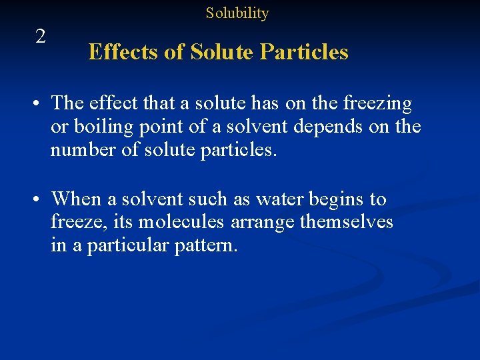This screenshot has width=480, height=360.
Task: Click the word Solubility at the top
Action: click(x=237, y=13)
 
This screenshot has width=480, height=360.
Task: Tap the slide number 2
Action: click(x=41, y=37)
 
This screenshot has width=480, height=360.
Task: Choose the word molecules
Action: click(x=181, y=221)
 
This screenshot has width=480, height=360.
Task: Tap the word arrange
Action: click(x=261, y=221)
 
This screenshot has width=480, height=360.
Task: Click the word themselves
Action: click(x=347, y=221)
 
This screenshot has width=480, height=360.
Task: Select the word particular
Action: click(x=127, y=245)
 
